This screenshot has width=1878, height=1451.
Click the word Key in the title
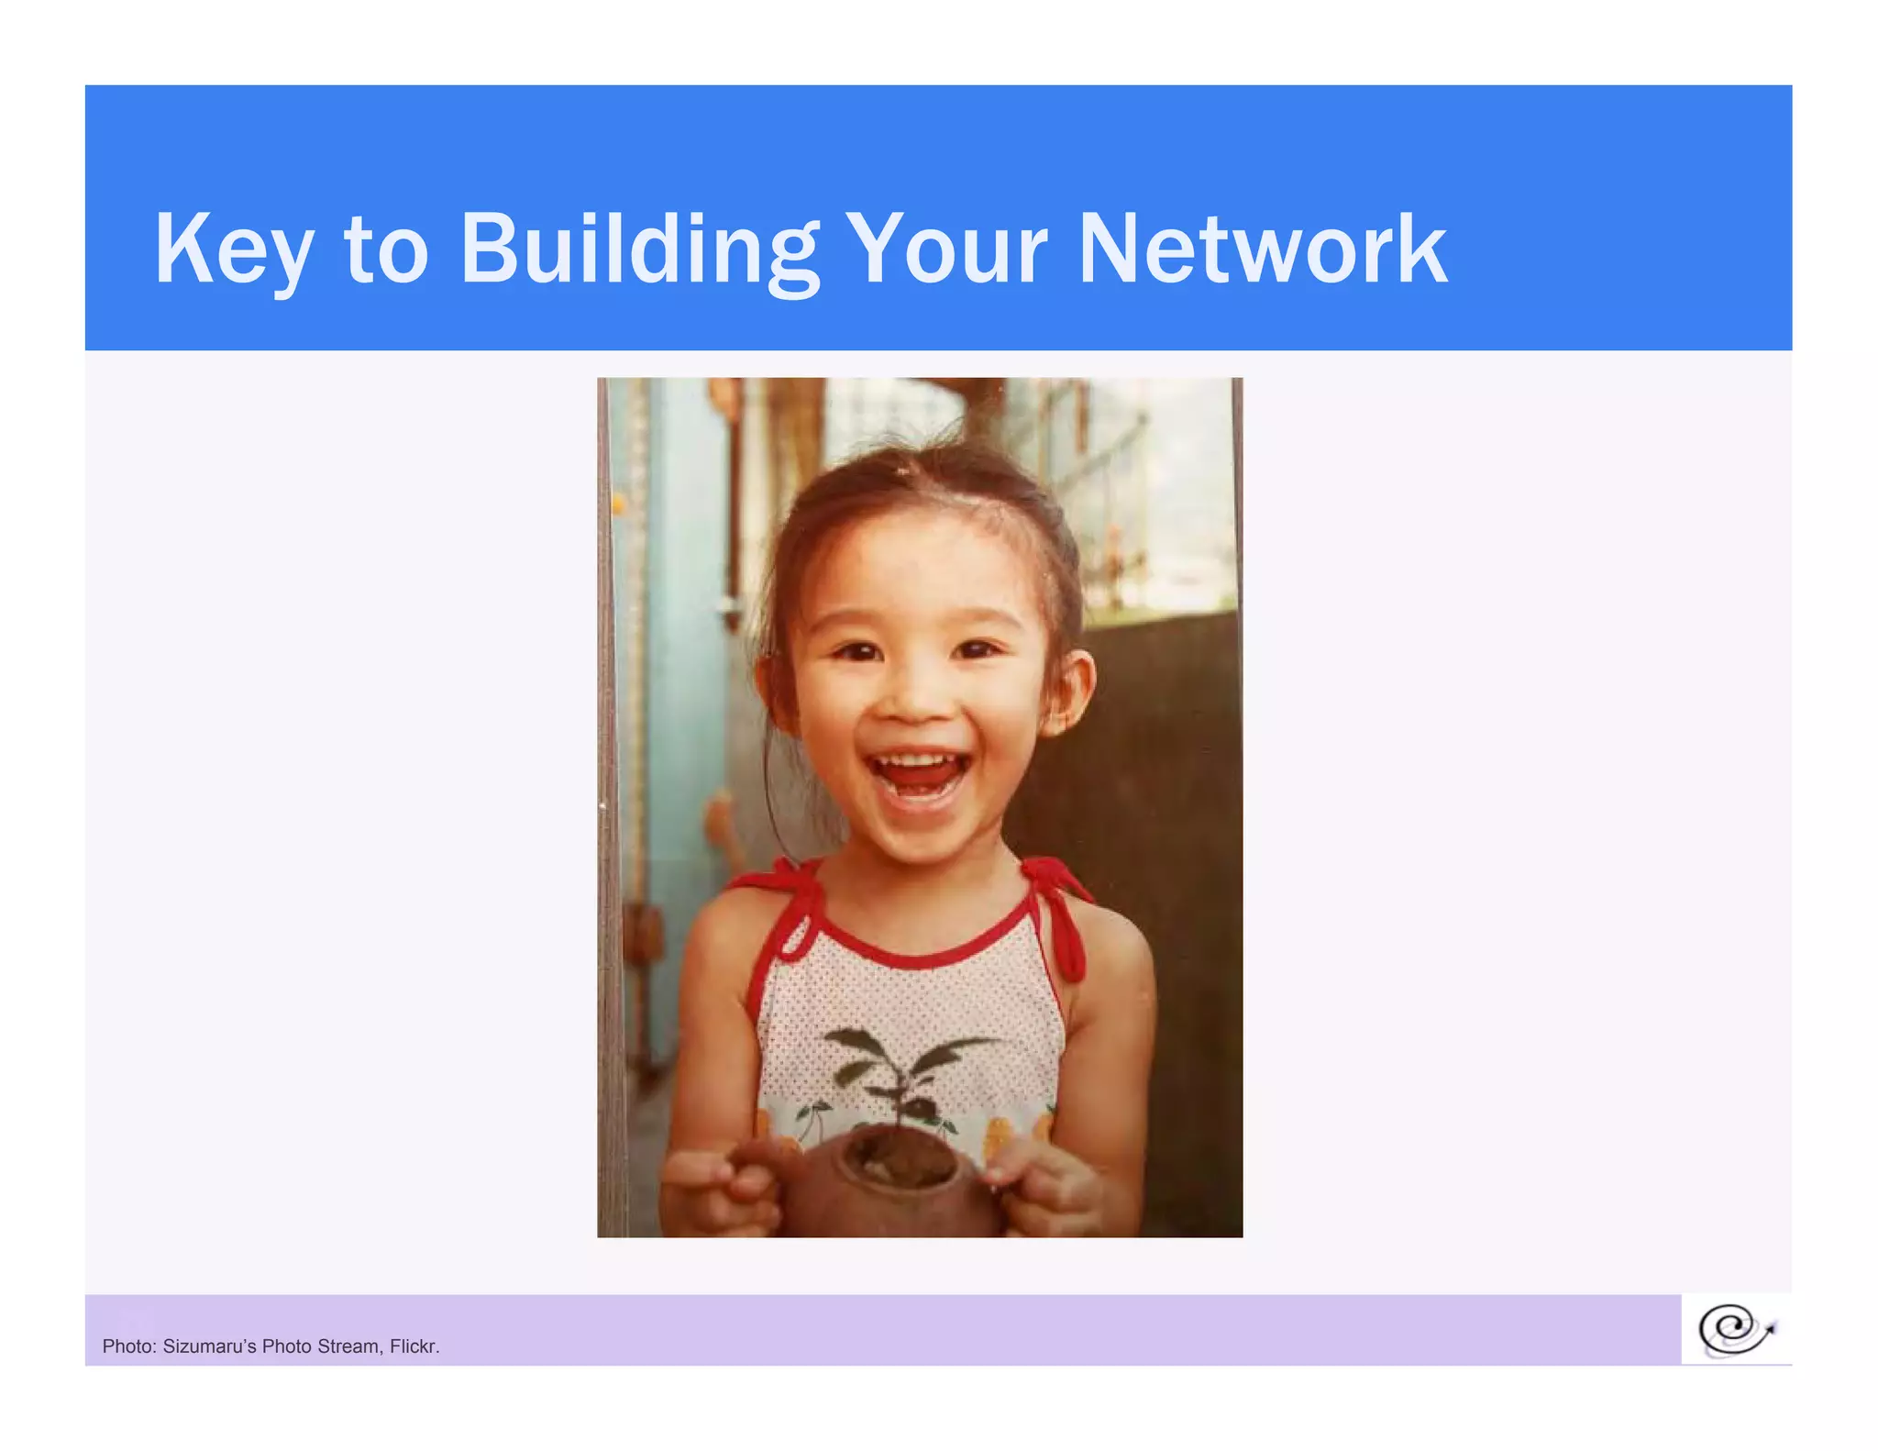pos(233,249)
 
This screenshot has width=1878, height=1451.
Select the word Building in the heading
pos(639,249)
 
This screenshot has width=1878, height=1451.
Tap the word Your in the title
pos(945,249)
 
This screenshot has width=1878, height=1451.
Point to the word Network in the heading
pos(1262,249)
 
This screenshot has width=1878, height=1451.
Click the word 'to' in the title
pos(385,251)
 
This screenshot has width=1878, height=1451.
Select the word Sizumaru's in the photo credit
pos(209,1346)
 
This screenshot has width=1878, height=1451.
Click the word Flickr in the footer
pos(413,1346)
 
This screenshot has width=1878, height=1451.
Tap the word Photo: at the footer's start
pos(128,1346)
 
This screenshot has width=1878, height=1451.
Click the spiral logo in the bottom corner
pos(1735,1330)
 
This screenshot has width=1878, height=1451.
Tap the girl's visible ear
pos(1069,692)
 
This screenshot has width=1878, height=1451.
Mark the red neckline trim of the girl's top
pos(917,954)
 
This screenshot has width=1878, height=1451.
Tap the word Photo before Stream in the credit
pos(286,1346)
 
